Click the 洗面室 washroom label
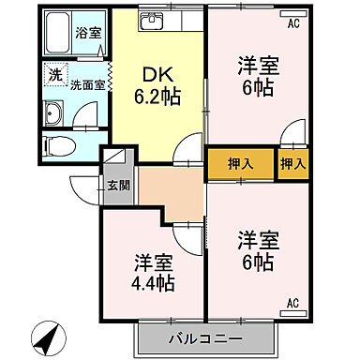pos(88,84)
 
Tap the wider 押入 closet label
pos(241,164)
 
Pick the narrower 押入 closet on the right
pos(292,164)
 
